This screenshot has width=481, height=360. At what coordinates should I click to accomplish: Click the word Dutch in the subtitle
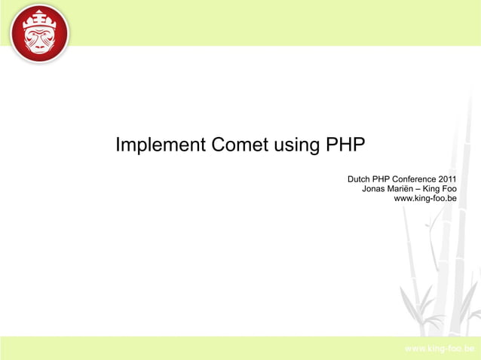[359, 179]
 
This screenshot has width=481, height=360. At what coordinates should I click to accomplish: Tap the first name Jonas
[375, 189]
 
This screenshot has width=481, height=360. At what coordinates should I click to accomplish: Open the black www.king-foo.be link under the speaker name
[425, 199]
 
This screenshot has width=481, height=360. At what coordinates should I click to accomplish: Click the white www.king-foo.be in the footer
[440, 349]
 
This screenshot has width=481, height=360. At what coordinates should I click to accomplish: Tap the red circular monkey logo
[39, 34]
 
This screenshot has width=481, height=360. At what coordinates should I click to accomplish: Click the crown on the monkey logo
[39, 16]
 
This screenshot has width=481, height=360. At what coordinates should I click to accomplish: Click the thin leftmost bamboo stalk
[408, 264]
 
